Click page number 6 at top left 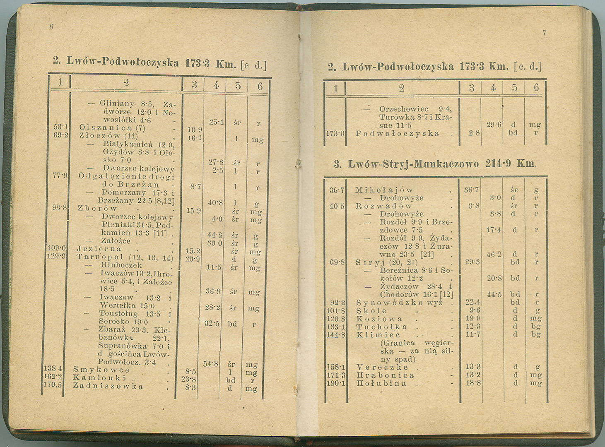51,27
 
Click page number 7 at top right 545,33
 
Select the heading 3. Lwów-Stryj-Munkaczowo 434,163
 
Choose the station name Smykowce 101,369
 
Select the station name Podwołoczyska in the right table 397,133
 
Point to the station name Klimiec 378,335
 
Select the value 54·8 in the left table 211,364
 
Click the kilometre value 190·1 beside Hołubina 336,383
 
